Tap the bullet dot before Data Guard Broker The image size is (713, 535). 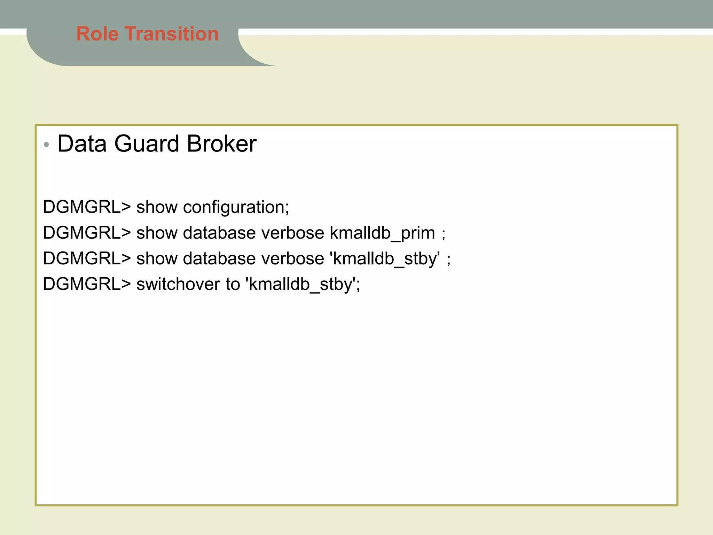coord(47,144)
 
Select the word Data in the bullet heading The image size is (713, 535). coord(82,144)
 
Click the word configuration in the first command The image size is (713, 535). coord(236,207)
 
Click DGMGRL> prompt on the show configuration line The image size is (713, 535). coord(87,207)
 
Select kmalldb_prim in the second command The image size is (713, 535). coord(382,233)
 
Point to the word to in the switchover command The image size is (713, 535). coord(233,284)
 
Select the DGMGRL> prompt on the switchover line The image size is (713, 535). coord(87,284)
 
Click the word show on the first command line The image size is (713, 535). coord(157,207)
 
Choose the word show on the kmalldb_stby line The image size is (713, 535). coord(157,259)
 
